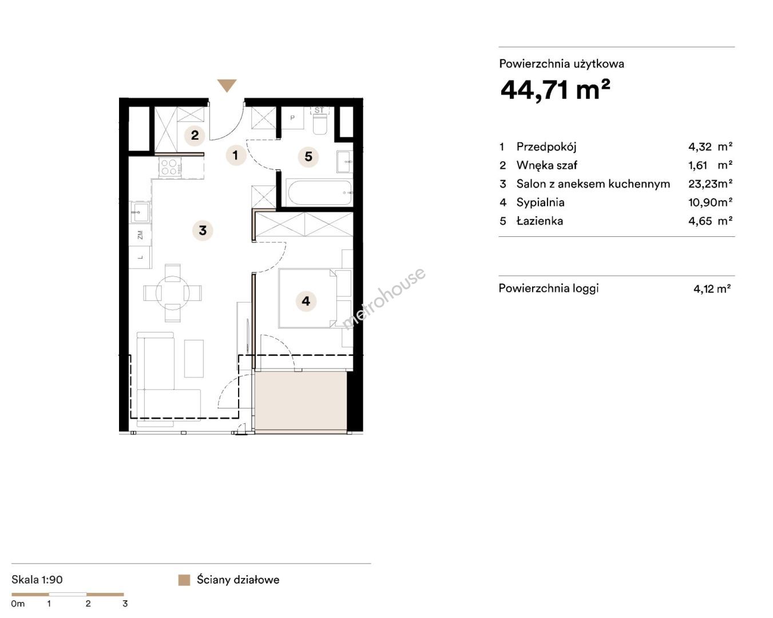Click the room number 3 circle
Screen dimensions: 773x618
pyautogui.click(x=203, y=230)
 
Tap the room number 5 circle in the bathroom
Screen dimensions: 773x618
pyautogui.click(x=308, y=157)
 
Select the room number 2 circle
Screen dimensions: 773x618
pyautogui.click(x=195, y=136)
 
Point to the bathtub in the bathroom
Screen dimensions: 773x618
pyautogui.click(x=319, y=193)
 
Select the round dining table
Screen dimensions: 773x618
pyautogui.click(x=172, y=293)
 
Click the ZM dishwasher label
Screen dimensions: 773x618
pyautogui.click(x=140, y=235)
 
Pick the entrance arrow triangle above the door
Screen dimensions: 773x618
pyautogui.click(x=227, y=85)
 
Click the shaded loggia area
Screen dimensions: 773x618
pyautogui.click(x=301, y=401)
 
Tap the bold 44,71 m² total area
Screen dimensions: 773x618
pyautogui.click(x=555, y=90)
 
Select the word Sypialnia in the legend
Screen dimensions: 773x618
pyautogui.click(x=540, y=203)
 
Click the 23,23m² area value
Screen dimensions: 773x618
pyautogui.click(x=710, y=184)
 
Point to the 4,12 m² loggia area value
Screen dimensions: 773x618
pyautogui.click(x=712, y=289)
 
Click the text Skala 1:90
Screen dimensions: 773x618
pyautogui.click(x=37, y=580)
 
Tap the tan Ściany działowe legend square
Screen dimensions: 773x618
pyautogui.click(x=184, y=580)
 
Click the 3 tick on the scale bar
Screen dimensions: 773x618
pyautogui.click(x=125, y=604)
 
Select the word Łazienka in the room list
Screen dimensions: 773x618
pyautogui.click(x=540, y=221)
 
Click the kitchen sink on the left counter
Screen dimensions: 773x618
pyautogui.click(x=140, y=212)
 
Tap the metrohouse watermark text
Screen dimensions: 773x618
pyautogui.click(x=383, y=299)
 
